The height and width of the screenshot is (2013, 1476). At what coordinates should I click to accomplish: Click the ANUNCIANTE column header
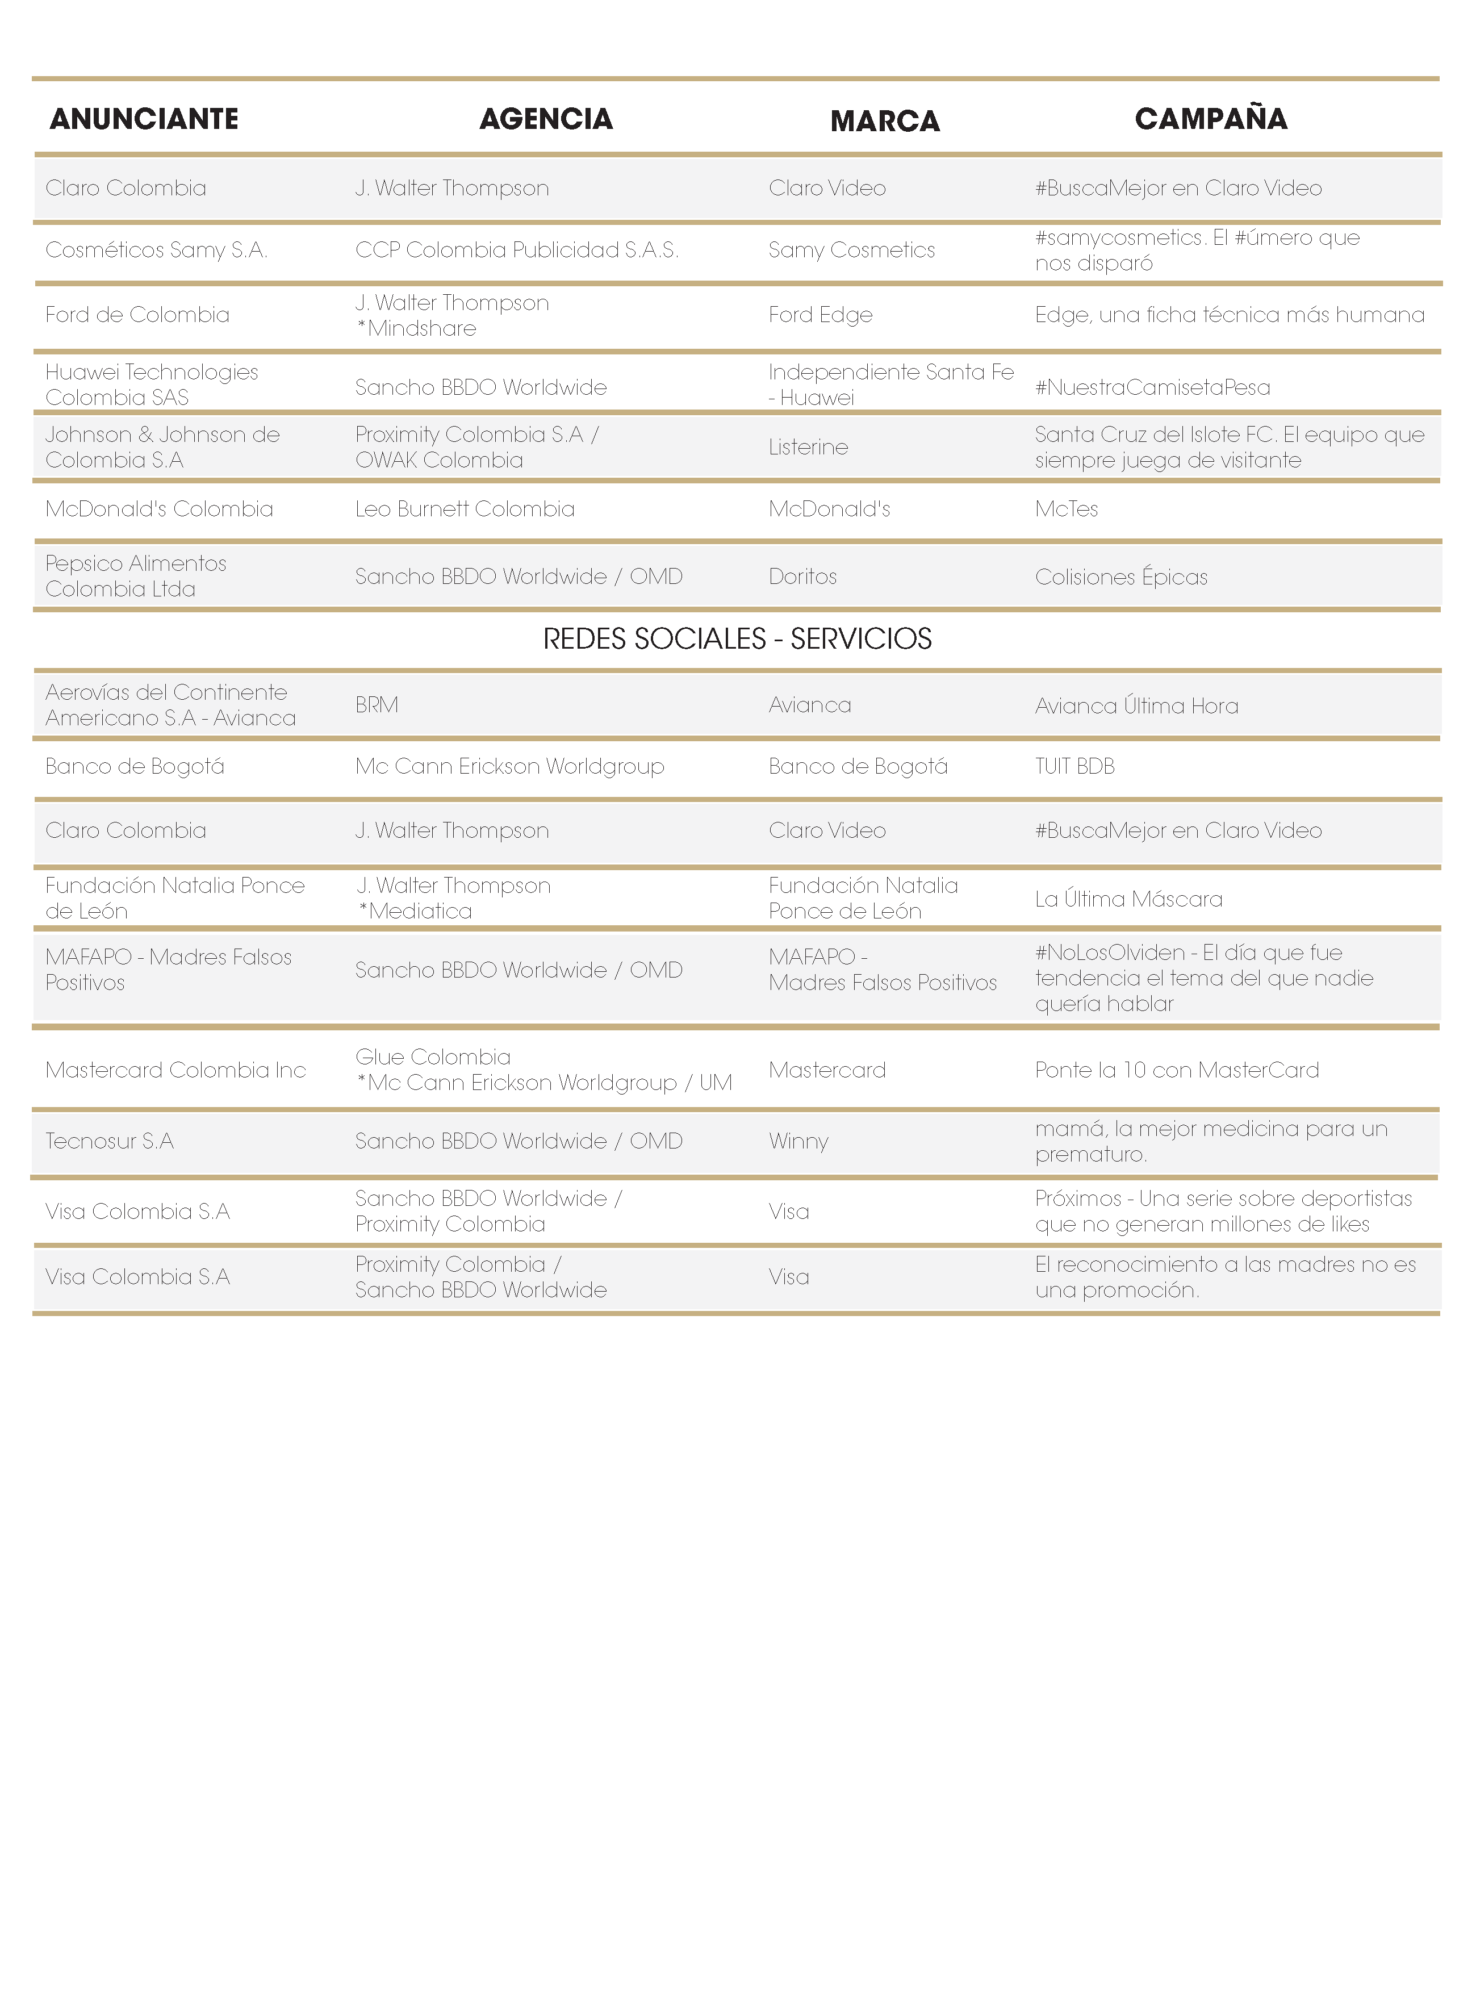144,119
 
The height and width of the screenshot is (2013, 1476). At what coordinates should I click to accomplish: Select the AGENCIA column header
546,119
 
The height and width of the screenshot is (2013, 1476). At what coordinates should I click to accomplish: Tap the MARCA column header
885,120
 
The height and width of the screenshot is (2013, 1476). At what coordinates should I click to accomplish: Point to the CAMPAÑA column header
1211,119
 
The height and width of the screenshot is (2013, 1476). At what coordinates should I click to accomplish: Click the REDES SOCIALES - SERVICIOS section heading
737,639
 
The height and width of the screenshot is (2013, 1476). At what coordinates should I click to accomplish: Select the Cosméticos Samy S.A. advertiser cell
156,250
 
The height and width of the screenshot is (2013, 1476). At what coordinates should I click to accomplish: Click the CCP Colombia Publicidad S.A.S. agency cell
516,250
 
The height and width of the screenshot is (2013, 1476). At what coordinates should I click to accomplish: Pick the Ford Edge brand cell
820,315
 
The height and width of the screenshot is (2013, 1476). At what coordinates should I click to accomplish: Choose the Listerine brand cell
808,447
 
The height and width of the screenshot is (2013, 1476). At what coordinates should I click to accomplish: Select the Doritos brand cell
802,577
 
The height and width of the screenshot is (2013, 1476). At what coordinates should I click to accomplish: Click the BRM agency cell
376,705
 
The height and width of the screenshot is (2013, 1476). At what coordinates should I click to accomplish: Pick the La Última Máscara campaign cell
1128,899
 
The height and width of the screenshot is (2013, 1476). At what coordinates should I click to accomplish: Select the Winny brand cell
798,1141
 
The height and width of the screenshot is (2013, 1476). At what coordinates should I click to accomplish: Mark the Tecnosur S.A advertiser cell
109,1141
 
